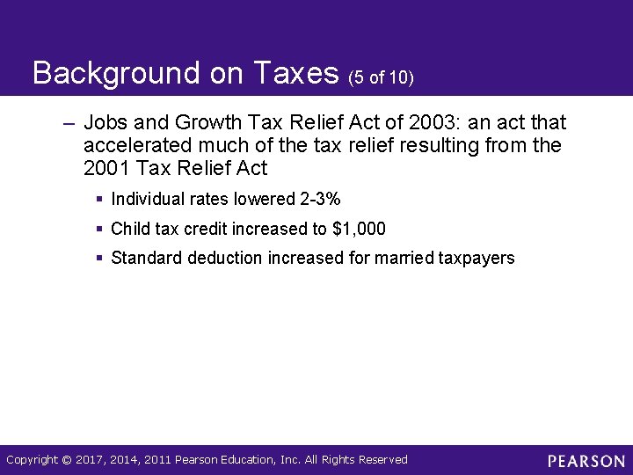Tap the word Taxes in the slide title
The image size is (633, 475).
(295, 74)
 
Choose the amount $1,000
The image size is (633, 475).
(359, 229)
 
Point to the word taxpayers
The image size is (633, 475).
(476, 258)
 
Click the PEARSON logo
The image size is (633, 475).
(586, 461)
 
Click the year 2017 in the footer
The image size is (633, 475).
(91, 459)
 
